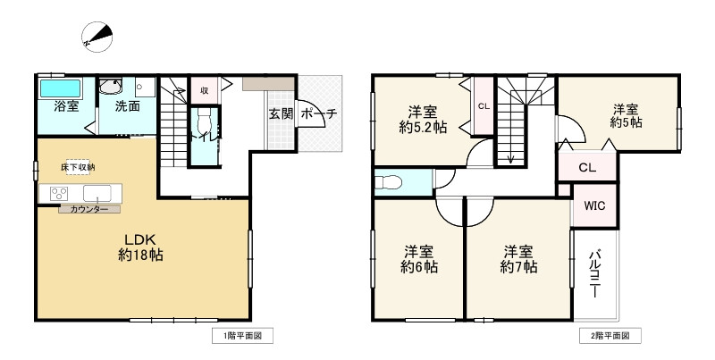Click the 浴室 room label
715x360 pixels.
point(65,106)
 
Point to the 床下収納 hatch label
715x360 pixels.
point(78,167)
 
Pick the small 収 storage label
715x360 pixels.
point(205,90)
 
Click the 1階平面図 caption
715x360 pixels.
point(242,337)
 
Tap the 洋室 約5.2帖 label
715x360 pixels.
point(423,120)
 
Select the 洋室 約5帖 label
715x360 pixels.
point(627,113)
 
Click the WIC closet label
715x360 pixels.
point(594,205)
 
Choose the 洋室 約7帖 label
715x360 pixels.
point(518,259)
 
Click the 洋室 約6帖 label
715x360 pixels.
point(418,259)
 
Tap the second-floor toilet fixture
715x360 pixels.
point(388,181)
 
